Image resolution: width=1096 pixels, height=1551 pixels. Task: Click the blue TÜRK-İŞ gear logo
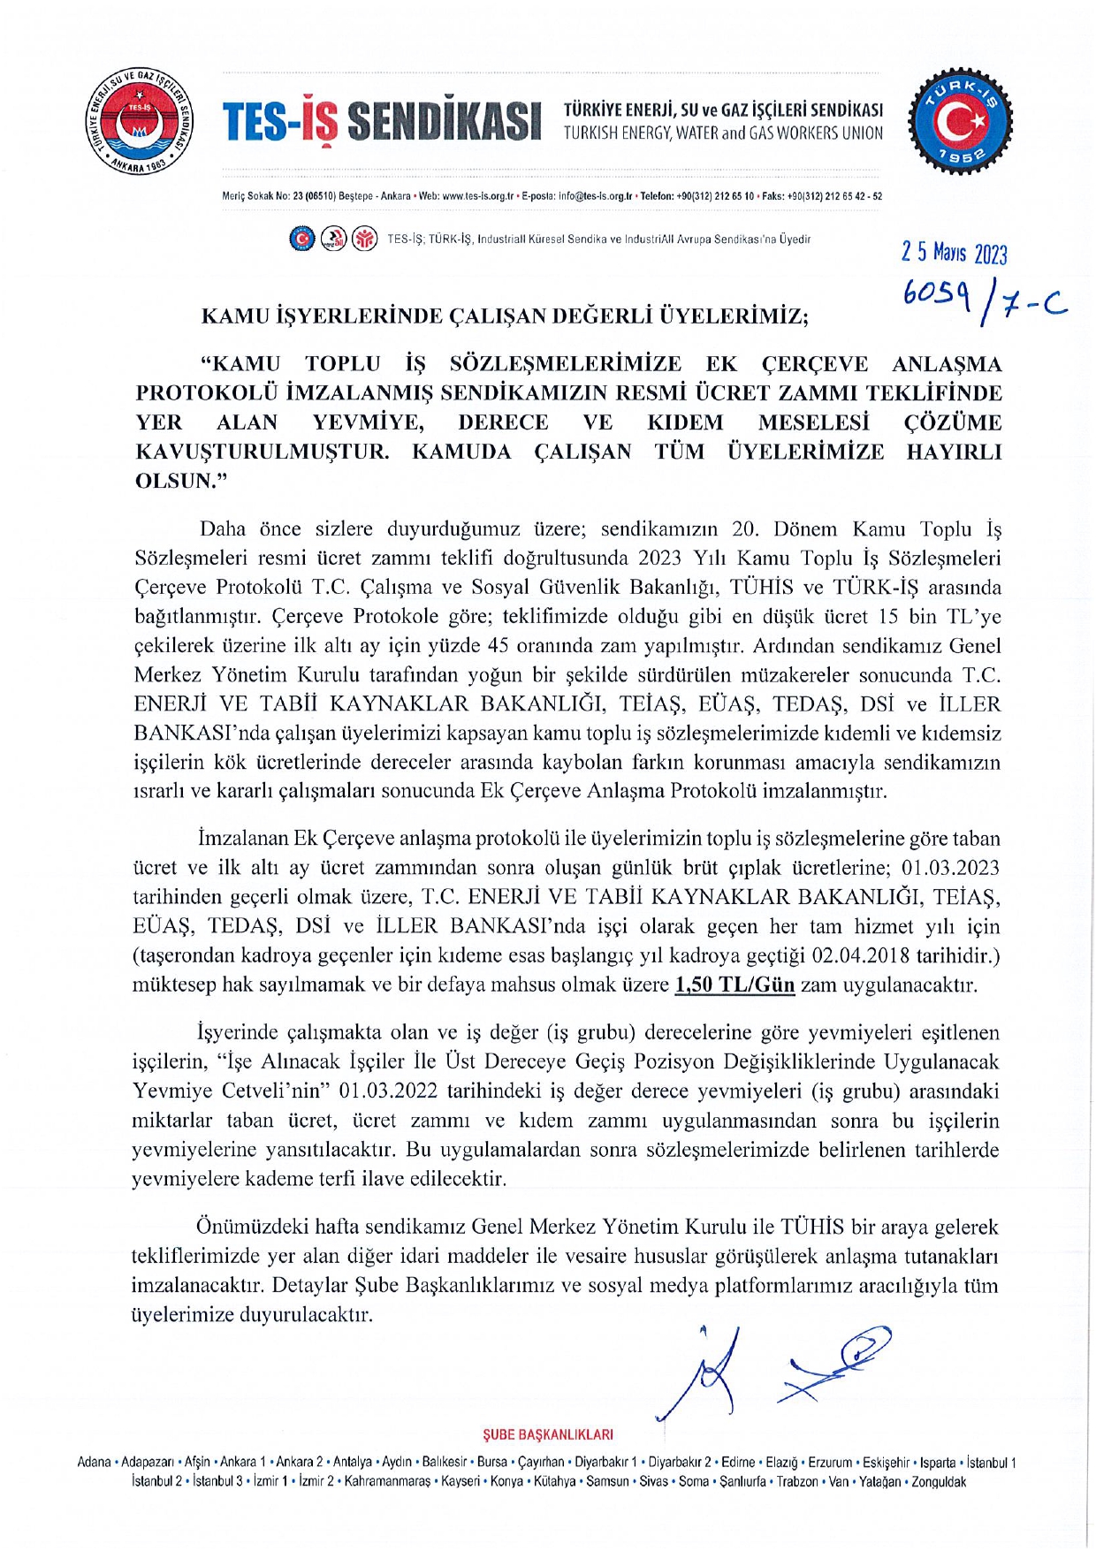[x=961, y=122]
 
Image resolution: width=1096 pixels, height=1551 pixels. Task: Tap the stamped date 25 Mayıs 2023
[x=954, y=254]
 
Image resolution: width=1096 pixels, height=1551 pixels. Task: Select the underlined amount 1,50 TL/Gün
[x=734, y=985]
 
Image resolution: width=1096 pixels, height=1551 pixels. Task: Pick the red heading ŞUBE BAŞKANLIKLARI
[x=548, y=1434]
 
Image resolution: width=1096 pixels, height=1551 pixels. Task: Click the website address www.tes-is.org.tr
[x=477, y=196]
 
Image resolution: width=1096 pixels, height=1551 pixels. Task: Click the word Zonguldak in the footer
[x=939, y=1482]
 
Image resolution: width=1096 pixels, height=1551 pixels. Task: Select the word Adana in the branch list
[x=95, y=1463]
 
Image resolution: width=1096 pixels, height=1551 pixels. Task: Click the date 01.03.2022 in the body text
[x=388, y=1091]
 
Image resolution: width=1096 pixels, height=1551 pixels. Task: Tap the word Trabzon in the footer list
[x=797, y=1482]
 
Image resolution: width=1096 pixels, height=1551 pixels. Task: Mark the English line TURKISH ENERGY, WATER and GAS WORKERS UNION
[x=723, y=133]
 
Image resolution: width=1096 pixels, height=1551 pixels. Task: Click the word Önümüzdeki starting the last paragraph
[x=252, y=1227]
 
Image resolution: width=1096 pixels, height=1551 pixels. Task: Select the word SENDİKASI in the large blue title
[x=444, y=122]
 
